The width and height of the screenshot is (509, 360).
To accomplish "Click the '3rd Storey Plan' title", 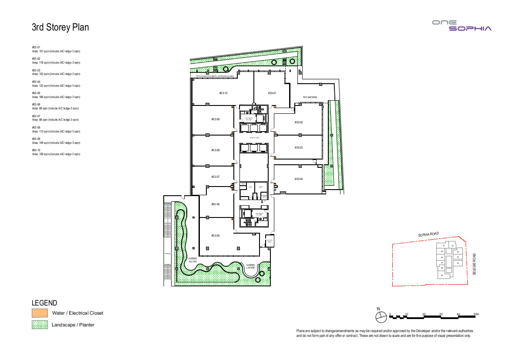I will [x=60, y=27].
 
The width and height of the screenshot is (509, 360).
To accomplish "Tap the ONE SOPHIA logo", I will [x=462, y=25].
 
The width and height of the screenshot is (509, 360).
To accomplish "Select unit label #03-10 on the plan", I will [x=223, y=93].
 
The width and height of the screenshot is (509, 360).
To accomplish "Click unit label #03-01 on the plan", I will [x=272, y=93].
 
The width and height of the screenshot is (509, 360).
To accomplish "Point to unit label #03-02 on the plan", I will [x=298, y=122].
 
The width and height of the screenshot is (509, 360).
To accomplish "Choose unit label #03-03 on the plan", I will [x=298, y=148].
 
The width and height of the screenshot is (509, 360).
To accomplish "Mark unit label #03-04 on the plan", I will [x=298, y=179].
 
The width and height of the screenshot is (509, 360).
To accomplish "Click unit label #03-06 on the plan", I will [x=215, y=204].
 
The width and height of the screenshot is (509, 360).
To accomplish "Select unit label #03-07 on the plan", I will [x=215, y=177].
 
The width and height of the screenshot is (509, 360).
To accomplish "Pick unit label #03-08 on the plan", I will [x=215, y=150].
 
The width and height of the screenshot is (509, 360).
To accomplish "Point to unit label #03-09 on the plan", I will [x=215, y=119].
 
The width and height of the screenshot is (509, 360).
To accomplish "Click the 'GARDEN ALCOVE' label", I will [x=193, y=260].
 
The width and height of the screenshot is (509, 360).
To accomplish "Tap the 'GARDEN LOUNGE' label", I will [x=250, y=266].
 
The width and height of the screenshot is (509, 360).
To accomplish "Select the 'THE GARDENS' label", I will [x=310, y=97].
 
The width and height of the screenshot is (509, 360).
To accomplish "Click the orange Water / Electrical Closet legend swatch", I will [x=40, y=313].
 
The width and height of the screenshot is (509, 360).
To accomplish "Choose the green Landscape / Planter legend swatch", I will [x=40, y=325].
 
